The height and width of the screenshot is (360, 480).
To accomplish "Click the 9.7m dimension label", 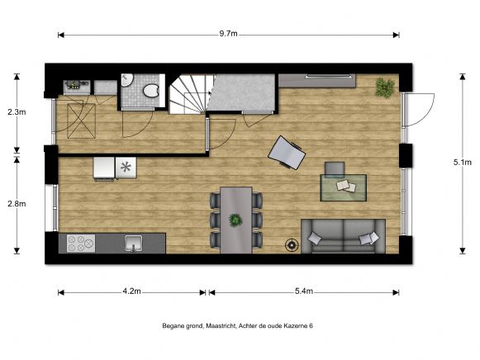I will (229, 34).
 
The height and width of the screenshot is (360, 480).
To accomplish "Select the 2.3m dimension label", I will (16, 111).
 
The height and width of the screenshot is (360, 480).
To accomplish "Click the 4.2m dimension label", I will (131, 291).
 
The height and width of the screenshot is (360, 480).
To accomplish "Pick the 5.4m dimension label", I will (304, 291).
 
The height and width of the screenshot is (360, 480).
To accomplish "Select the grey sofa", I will (342, 235).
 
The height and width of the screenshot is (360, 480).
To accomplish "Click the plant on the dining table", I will (235, 220).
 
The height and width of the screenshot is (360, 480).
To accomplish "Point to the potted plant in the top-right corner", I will (384, 85).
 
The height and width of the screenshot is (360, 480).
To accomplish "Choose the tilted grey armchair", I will (288, 152).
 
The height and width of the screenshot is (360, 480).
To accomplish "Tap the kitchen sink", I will (133, 243).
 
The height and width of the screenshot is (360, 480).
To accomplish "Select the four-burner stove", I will (81, 244).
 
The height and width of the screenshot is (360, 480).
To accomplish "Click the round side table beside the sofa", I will (292, 244).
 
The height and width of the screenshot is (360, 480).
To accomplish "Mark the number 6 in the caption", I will (311, 327).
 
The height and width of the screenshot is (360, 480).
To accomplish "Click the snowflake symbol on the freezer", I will (126, 167).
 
